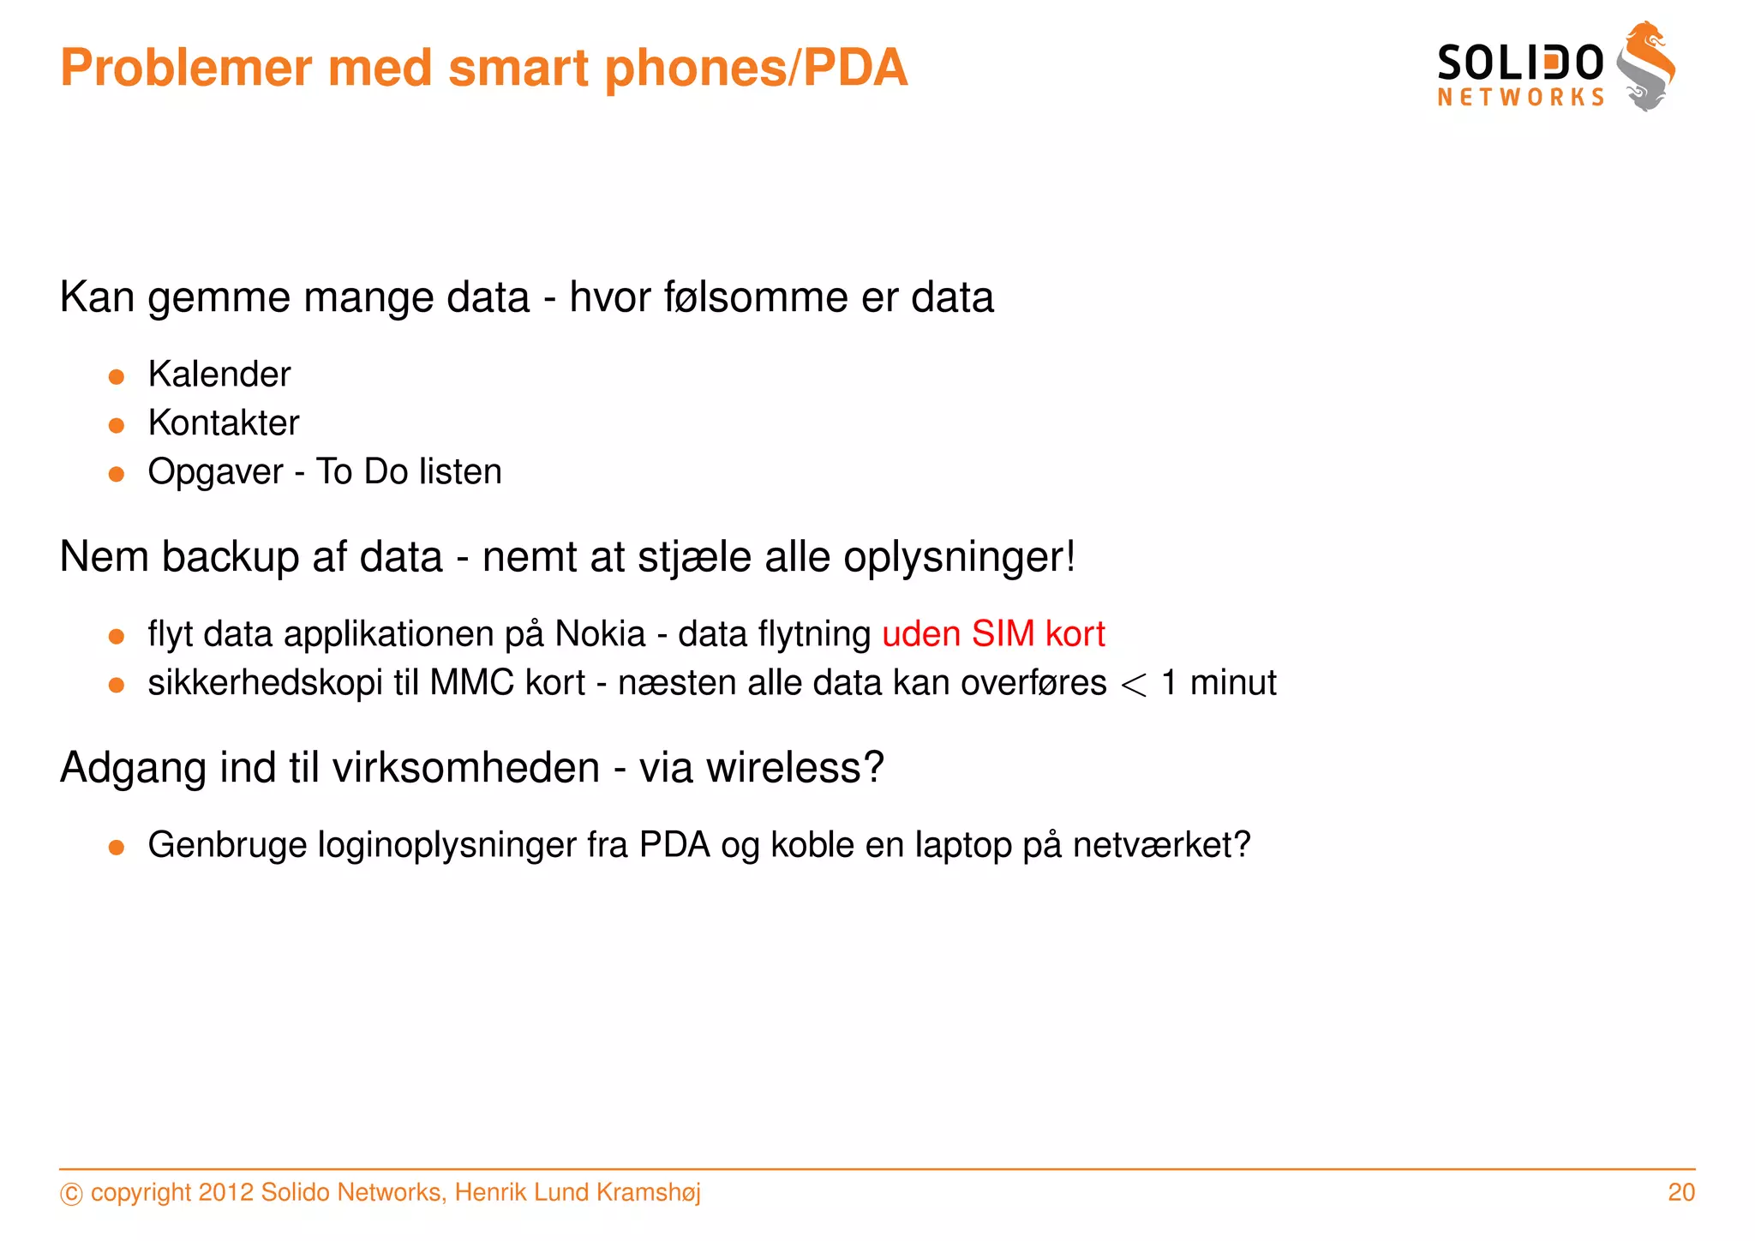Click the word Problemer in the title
tap(185, 69)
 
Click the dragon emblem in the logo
tap(1645, 67)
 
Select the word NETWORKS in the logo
tap(1520, 98)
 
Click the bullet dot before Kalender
tap(117, 376)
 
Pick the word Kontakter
tap(224, 423)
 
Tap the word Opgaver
tap(215, 472)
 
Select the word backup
tap(229, 557)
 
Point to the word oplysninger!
tap(959, 558)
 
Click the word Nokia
tap(600, 634)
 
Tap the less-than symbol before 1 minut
tap(1133, 685)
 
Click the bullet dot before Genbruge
tap(117, 848)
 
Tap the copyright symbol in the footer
tap(72, 1194)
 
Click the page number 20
tap(1681, 1192)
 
